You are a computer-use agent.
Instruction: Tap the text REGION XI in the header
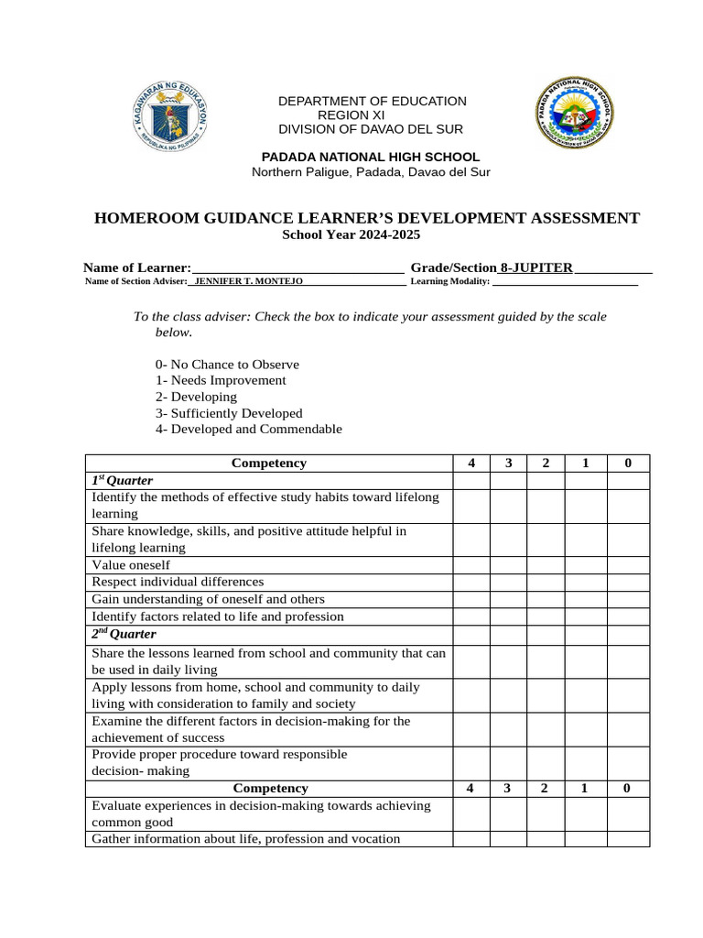351,115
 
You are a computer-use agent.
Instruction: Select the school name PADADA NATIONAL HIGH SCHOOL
371,157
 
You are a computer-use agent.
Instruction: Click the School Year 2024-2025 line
351,235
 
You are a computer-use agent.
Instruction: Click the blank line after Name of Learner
297,267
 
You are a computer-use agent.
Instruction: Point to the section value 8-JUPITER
536,267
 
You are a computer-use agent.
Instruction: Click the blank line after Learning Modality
565,282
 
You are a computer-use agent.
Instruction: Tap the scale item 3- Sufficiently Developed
229,413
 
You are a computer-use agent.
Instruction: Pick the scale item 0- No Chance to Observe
227,364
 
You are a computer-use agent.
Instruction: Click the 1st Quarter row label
122,481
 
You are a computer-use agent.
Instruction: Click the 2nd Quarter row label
124,635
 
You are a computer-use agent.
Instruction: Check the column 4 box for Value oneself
470,565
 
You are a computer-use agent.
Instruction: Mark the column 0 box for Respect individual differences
628,582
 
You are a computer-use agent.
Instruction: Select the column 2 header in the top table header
546,464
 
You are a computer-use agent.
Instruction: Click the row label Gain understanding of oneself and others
209,599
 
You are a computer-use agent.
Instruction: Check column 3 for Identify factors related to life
508,616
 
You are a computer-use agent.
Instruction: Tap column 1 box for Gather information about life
585,839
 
